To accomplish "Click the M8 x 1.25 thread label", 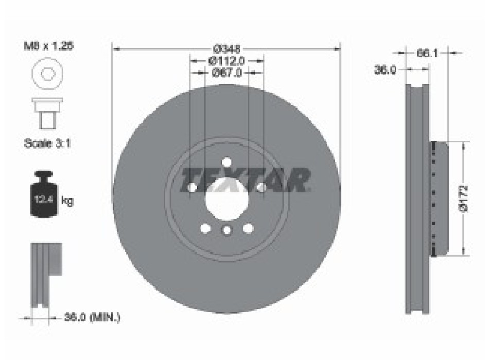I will coord(49,45).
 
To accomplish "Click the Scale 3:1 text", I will coord(47,144).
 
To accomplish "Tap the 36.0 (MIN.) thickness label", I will coord(92,318).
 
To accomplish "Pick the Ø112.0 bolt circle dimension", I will coord(227,61).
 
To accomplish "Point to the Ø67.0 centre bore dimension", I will coord(226,73).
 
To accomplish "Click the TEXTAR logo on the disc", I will coord(245,179).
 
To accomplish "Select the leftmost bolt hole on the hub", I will coord(193,188).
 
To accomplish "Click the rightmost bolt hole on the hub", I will coord(261,188).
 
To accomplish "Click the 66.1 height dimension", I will coord(424,52).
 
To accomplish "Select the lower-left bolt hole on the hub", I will coord(205,228).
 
